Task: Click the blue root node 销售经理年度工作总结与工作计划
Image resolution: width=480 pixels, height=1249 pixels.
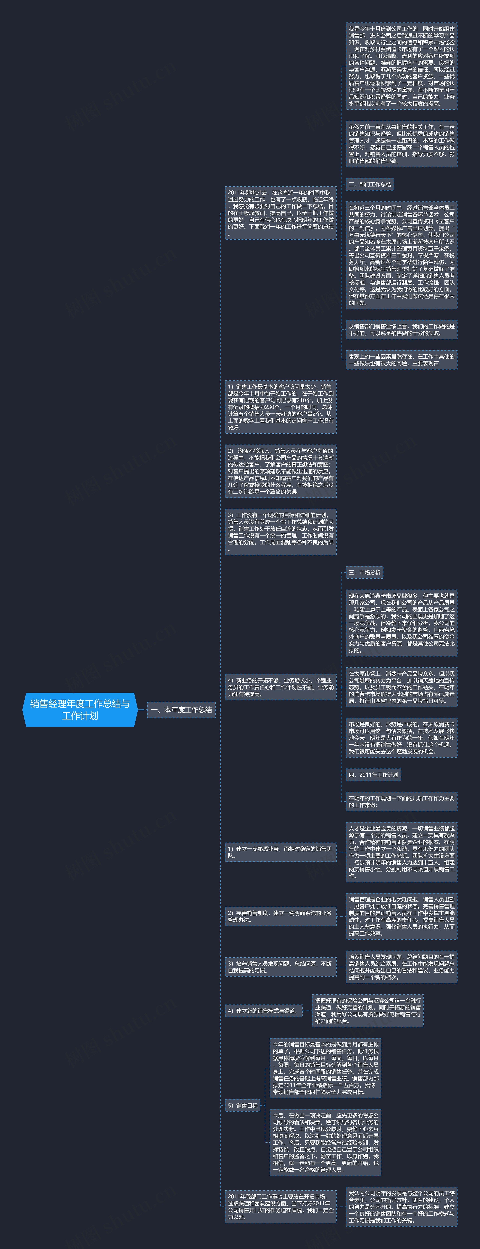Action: click(80, 709)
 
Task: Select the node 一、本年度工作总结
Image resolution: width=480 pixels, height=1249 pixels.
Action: click(181, 709)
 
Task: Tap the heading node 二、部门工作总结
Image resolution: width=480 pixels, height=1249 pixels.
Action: click(369, 184)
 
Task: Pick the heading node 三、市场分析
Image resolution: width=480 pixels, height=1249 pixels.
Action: click(364, 572)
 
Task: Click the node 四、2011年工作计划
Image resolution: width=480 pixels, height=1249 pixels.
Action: click(373, 774)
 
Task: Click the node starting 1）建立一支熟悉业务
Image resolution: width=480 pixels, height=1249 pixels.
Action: click(280, 852)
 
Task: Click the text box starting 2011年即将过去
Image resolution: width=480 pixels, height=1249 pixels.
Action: click(280, 213)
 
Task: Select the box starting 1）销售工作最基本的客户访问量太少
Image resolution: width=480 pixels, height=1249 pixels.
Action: click(280, 407)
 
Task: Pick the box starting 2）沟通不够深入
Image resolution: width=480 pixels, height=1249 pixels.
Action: click(280, 471)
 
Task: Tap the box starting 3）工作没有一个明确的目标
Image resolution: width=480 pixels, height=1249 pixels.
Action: click(280, 532)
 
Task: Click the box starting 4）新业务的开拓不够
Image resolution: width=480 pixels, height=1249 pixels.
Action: click(280, 687)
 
